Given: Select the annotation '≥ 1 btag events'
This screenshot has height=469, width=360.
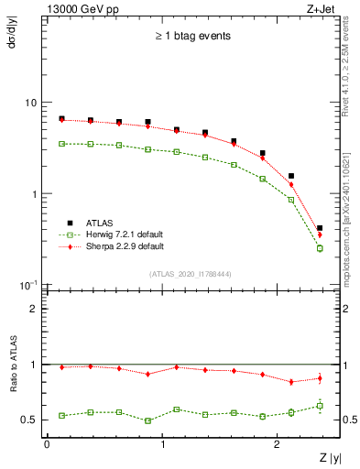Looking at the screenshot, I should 191,37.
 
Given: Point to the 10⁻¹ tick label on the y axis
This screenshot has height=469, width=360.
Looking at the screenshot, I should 28,285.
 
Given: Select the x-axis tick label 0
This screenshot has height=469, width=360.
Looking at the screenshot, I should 47,445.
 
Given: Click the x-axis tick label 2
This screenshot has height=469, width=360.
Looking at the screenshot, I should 278,445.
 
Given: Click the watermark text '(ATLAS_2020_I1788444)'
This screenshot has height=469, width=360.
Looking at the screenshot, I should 191,273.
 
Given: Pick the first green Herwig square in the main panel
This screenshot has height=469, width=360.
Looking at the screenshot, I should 61,143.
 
